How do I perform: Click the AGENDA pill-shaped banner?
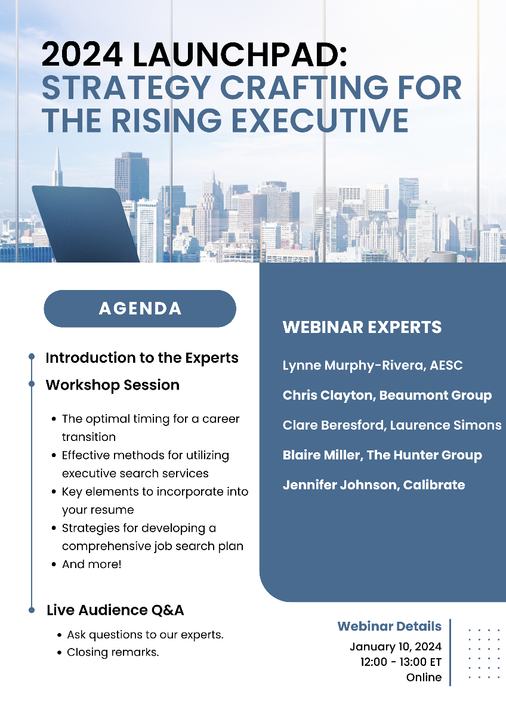pyautogui.click(x=140, y=308)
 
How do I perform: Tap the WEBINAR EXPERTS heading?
pyautogui.click(x=362, y=327)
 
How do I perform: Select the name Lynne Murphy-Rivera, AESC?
pyautogui.click(x=373, y=365)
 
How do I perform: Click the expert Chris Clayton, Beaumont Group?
pyautogui.click(x=387, y=396)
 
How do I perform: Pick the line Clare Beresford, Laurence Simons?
pyautogui.click(x=392, y=425)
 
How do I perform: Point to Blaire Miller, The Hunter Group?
pyautogui.click(x=382, y=455)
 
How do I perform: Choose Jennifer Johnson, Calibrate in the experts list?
pyautogui.click(x=374, y=485)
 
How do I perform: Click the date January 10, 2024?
pyautogui.click(x=396, y=647)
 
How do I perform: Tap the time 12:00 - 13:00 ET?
pyautogui.click(x=401, y=662)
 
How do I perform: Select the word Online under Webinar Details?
pyautogui.click(x=424, y=677)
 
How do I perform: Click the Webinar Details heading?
pyautogui.click(x=389, y=626)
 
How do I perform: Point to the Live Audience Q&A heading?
pyautogui.click(x=115, y=610)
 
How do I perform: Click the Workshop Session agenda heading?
pyautogui.click(x=113, y=385)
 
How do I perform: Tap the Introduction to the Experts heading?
pyautogui.click(x=142, y=357)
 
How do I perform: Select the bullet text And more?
pyautogui.click(x=92, y=564)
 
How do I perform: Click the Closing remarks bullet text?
pyautogui.click(x=113, y=652)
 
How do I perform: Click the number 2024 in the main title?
pyautogui.click(x=82, y=55)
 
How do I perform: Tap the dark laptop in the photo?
pyautogui.click(x=85, y=224)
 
